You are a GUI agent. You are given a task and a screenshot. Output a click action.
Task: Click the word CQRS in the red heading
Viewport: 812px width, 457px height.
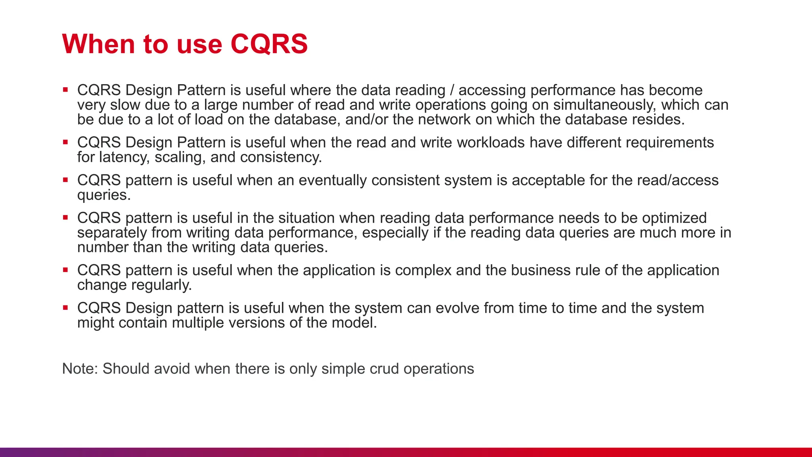[269, 44]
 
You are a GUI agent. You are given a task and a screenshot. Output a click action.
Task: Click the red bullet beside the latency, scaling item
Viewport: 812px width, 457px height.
[65, 142]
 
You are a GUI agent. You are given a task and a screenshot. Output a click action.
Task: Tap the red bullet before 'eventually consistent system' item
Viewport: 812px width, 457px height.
[65, 179]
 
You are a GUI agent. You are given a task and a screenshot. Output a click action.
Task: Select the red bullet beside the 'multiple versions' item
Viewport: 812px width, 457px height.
[65, 307]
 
